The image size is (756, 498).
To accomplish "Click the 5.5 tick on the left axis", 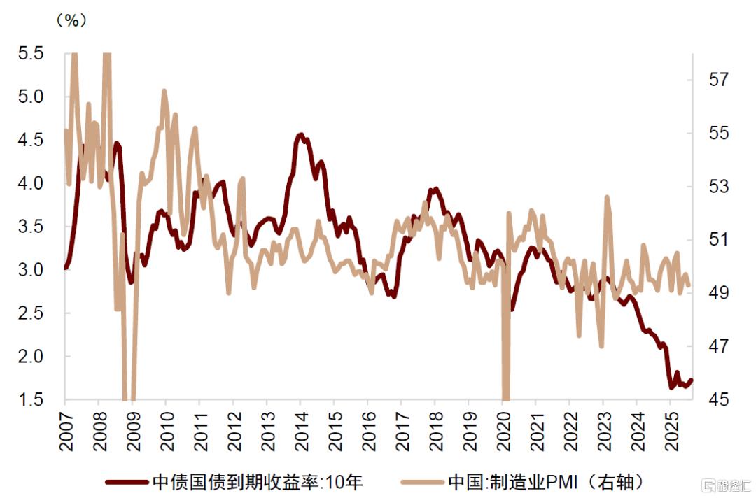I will point(29,53).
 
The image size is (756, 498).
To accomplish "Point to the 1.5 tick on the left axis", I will point(29,399).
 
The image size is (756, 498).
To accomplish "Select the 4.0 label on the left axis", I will point(29,183).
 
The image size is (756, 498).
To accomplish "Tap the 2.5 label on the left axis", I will point(29,313).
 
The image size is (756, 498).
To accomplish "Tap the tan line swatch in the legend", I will point(422,482).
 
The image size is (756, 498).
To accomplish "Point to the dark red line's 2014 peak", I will point(300,135).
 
